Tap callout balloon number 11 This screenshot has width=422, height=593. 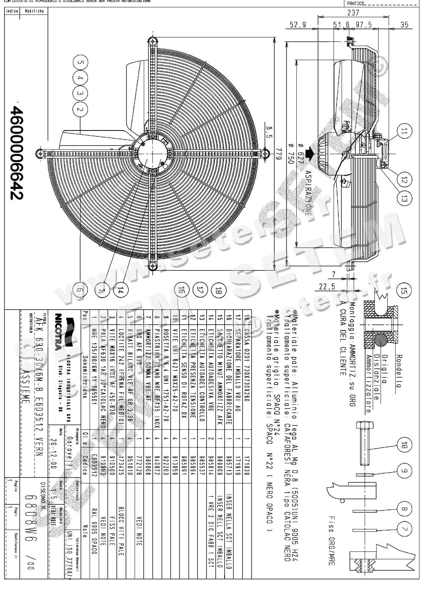coord(404,132)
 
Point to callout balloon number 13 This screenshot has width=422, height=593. coord(404,199)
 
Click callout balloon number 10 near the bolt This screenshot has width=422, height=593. coord(404,446)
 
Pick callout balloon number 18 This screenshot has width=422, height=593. coord(218,291)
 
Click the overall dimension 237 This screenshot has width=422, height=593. coord(353,13)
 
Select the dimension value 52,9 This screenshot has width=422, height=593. coord(297,25)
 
